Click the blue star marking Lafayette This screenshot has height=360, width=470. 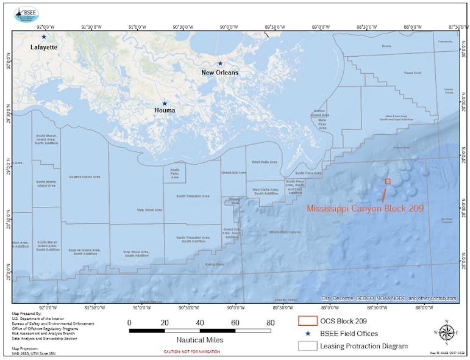point(44,37)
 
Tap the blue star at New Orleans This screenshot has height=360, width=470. point(220,63)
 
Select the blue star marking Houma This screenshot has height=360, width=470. point(164,104)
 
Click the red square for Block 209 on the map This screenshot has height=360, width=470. point(388,181)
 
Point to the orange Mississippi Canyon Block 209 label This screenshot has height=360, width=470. point(365,208)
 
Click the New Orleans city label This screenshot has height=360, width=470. point(220,73)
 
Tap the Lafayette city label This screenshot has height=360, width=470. point(44,47)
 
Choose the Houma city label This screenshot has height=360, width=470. point(165,111)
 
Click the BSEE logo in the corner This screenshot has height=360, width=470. point(26,13)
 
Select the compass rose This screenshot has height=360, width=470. point(447,333)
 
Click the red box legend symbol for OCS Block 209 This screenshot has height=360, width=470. point(308,321)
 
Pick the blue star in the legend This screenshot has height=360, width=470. point(308,334)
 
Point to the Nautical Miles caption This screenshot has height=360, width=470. point(199,340)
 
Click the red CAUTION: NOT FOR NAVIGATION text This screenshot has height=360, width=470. point(192,352)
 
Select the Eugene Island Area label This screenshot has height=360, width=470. point(85,177)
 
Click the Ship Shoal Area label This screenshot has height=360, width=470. point(149,210)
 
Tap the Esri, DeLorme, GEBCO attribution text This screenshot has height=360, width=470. point(389,298)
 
